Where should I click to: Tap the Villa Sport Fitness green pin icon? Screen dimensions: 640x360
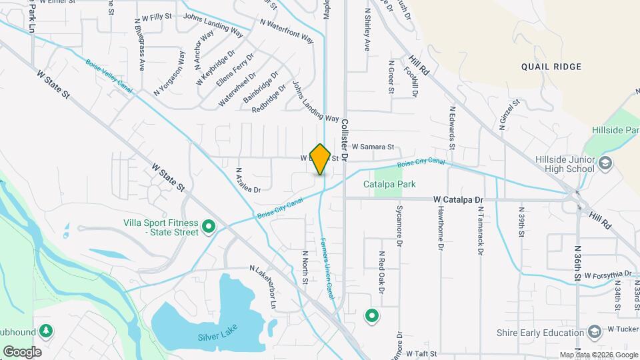209,227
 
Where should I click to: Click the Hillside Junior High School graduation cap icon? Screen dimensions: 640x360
605,163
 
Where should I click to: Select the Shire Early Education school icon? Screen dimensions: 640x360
595,333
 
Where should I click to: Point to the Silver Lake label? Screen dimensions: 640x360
217,337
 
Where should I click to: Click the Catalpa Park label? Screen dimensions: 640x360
389,184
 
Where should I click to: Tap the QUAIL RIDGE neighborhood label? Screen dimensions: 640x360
551,67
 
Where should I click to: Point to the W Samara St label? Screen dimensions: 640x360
373,147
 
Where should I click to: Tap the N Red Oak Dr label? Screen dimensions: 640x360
382,272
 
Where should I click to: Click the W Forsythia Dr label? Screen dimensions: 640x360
607,274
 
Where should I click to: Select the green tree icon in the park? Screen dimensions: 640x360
46,331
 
